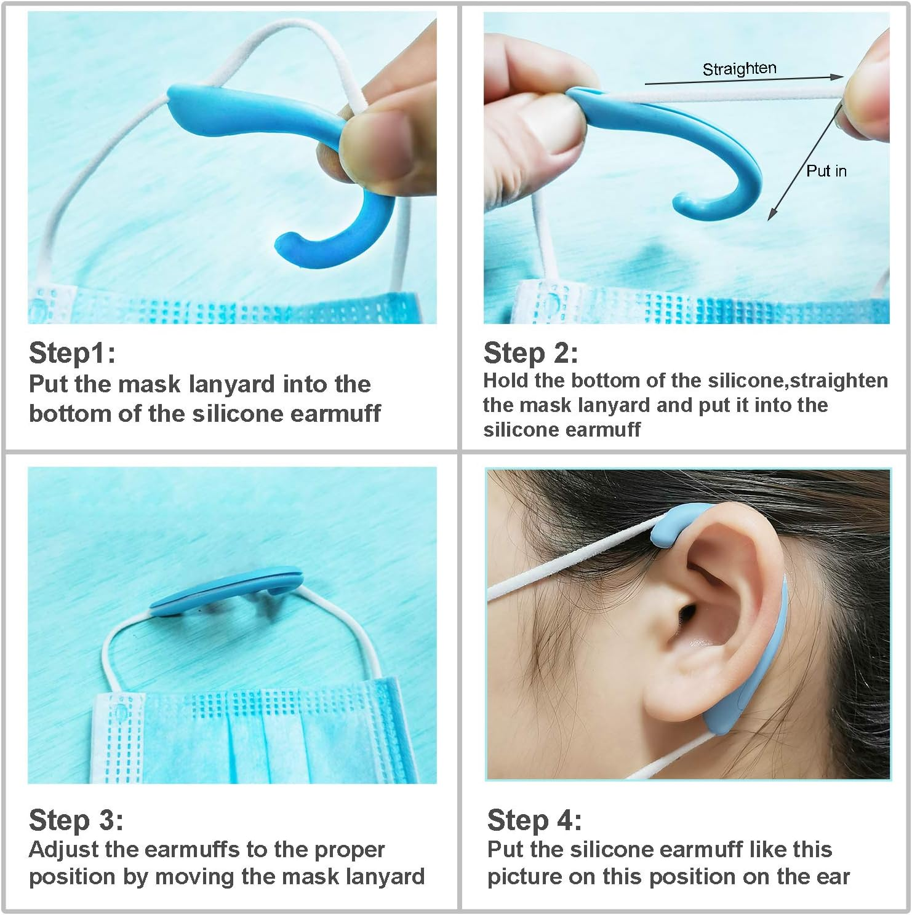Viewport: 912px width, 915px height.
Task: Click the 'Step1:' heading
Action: pyautogui.click(x=72, y=354)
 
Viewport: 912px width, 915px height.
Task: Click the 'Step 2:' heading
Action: pyautogui.click(x=530, y=354)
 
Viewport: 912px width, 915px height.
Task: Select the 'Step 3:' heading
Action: pyautogui.click(x=76, y=820)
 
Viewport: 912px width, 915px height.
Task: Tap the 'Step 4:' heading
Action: pyautogui.click(x=534, y=820)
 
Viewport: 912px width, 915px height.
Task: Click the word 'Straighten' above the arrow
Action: pyautogui.click(x=739, y=68)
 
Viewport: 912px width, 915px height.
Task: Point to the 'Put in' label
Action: pyautogui.click(x=826, y=171)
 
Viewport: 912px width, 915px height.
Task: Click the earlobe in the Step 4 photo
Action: pyautogui.click(x=674, y=707)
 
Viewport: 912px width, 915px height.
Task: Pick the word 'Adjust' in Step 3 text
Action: pyautogui.click(x=63, y=850)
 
